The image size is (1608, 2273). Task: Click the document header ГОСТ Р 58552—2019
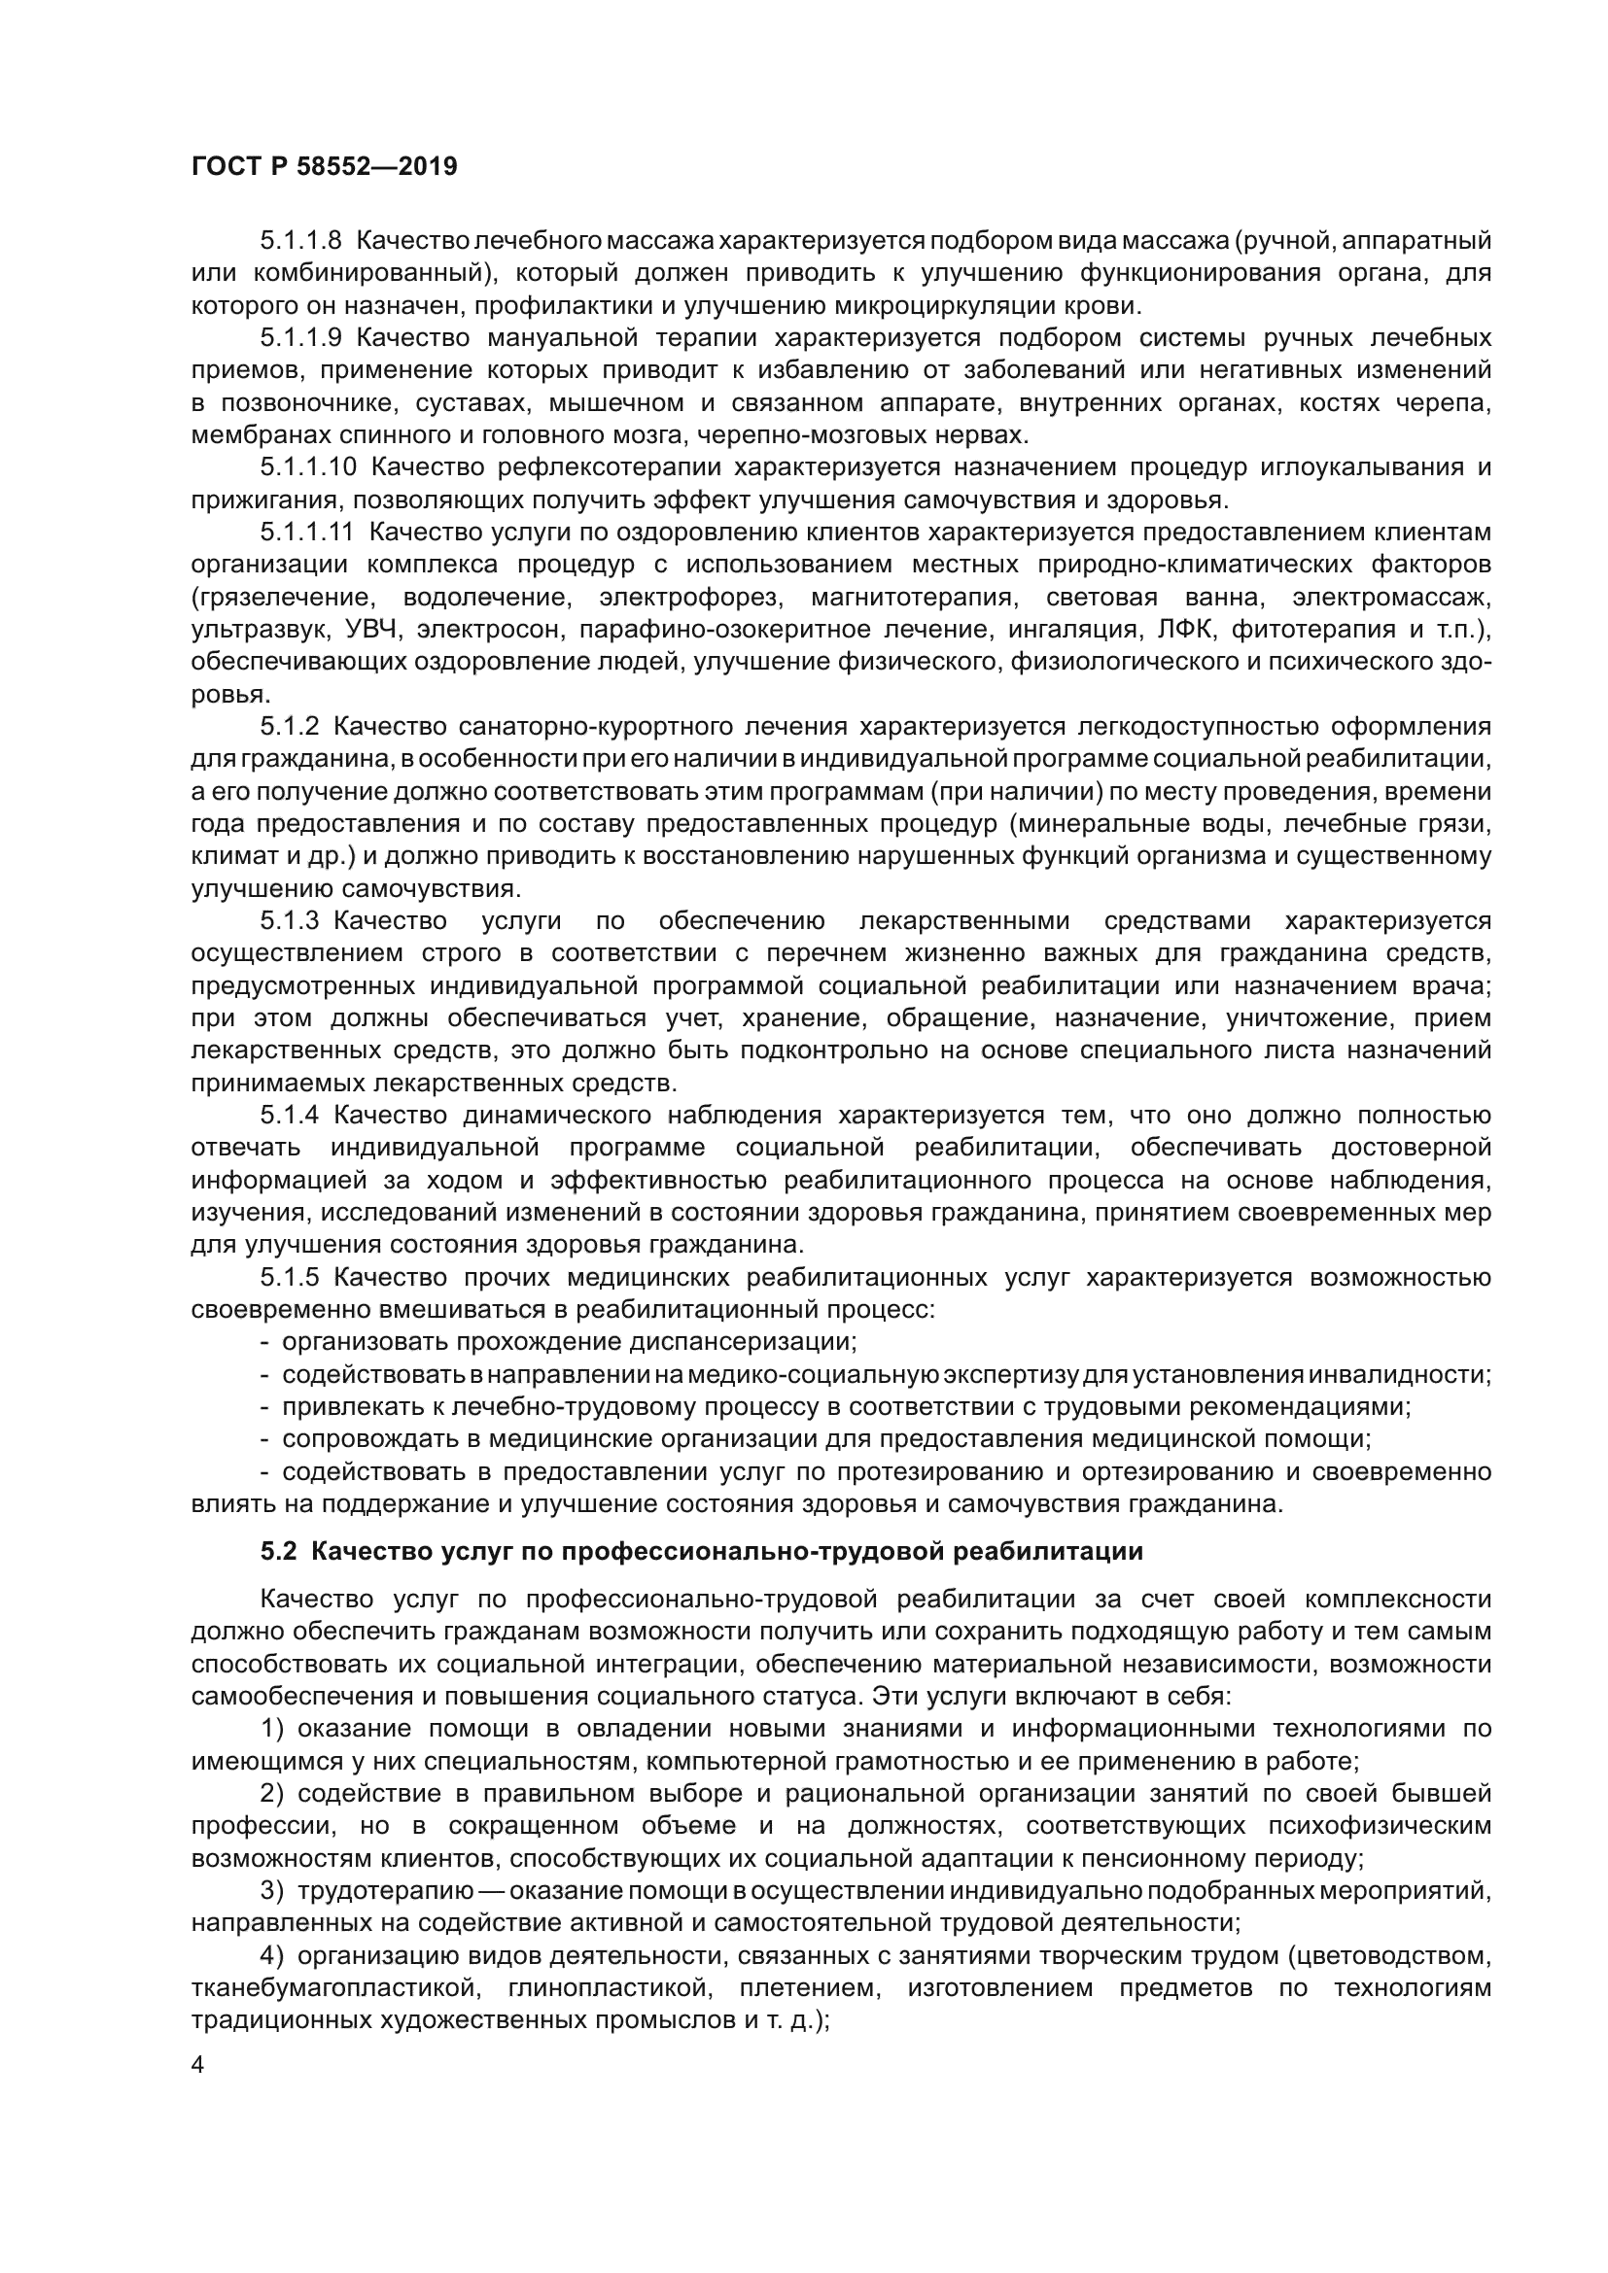324,166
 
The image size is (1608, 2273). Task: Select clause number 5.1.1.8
301,241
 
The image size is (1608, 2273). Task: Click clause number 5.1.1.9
301,337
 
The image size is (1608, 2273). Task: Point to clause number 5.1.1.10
308,466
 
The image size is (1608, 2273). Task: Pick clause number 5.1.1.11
307,532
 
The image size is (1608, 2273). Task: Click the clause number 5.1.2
289,726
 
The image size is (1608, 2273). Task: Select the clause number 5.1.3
289,920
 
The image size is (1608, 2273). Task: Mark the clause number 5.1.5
289,1277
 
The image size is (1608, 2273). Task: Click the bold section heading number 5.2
278,1551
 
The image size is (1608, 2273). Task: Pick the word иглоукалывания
1365,466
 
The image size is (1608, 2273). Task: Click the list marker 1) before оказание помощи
272,1729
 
